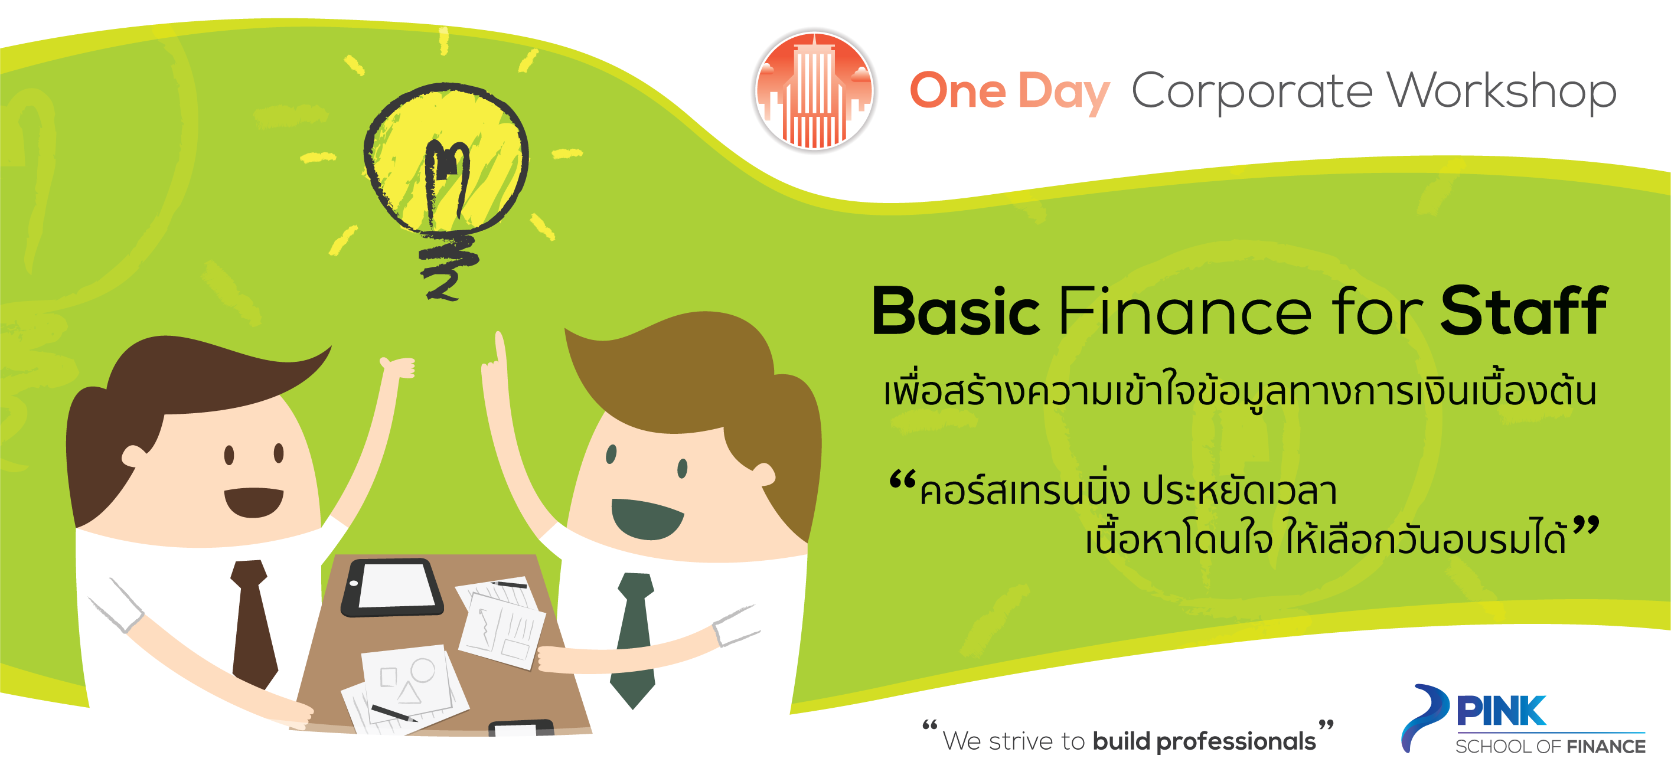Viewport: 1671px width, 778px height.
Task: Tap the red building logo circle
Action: click(x=814, y=91)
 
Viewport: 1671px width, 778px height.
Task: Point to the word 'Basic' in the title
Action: click(x=956, y=311)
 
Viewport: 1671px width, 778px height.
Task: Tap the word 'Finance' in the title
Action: click(x=1184, y=311)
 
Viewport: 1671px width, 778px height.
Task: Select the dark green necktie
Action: click(x=634, y=639)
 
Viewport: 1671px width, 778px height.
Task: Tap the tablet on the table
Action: click(x=393, y=587)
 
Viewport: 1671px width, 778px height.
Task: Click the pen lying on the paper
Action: click(x=394, y=713)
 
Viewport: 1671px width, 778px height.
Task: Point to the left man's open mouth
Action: click(x=254, y=502)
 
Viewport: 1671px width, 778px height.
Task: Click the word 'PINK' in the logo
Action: click(x=1501, y=711)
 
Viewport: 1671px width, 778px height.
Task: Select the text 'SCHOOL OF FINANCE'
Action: click(x=1551, y=747)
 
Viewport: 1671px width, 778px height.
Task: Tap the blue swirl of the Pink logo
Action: click(x=1425, y=717)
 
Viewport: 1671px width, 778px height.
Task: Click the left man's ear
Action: click(x=133, y=456)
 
